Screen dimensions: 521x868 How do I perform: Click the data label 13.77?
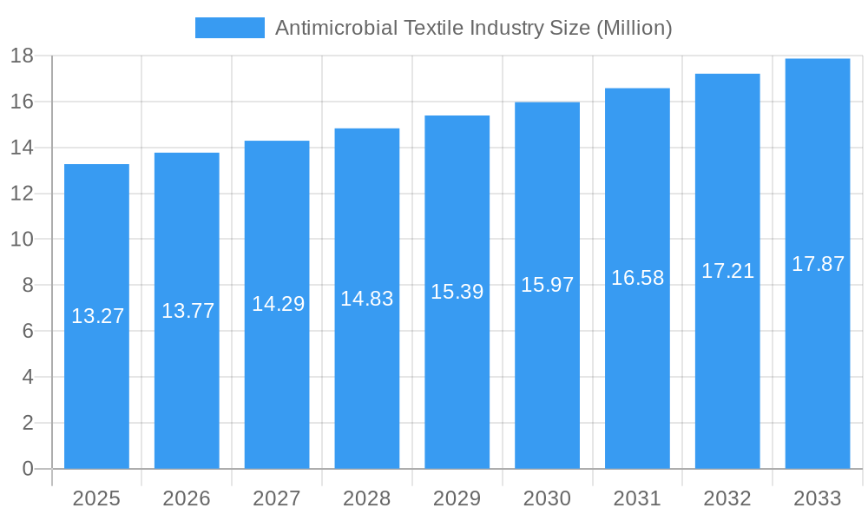pos(187,311)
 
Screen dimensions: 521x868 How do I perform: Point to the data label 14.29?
pos(278,304)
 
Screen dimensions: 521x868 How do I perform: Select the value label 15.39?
pos(457,292)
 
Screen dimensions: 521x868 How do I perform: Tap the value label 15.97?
pos(547,285)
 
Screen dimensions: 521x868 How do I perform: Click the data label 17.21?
pos(727,271)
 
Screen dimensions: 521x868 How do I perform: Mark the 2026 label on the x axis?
pos(187,498)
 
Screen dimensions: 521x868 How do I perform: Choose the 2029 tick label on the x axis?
pos(457,498)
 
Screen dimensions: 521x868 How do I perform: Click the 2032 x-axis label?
pos(727,498)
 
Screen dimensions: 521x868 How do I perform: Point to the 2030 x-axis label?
pos(547,498)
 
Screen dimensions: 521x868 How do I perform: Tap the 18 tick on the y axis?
pos(22,56)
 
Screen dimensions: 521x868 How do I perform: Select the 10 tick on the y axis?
pos(22,240)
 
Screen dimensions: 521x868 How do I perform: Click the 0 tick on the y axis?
pos(27,469)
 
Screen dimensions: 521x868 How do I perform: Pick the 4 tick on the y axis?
pos(27,377)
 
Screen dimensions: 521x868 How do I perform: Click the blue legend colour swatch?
pos(229,28)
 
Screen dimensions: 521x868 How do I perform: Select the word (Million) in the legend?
pos(634,28)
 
